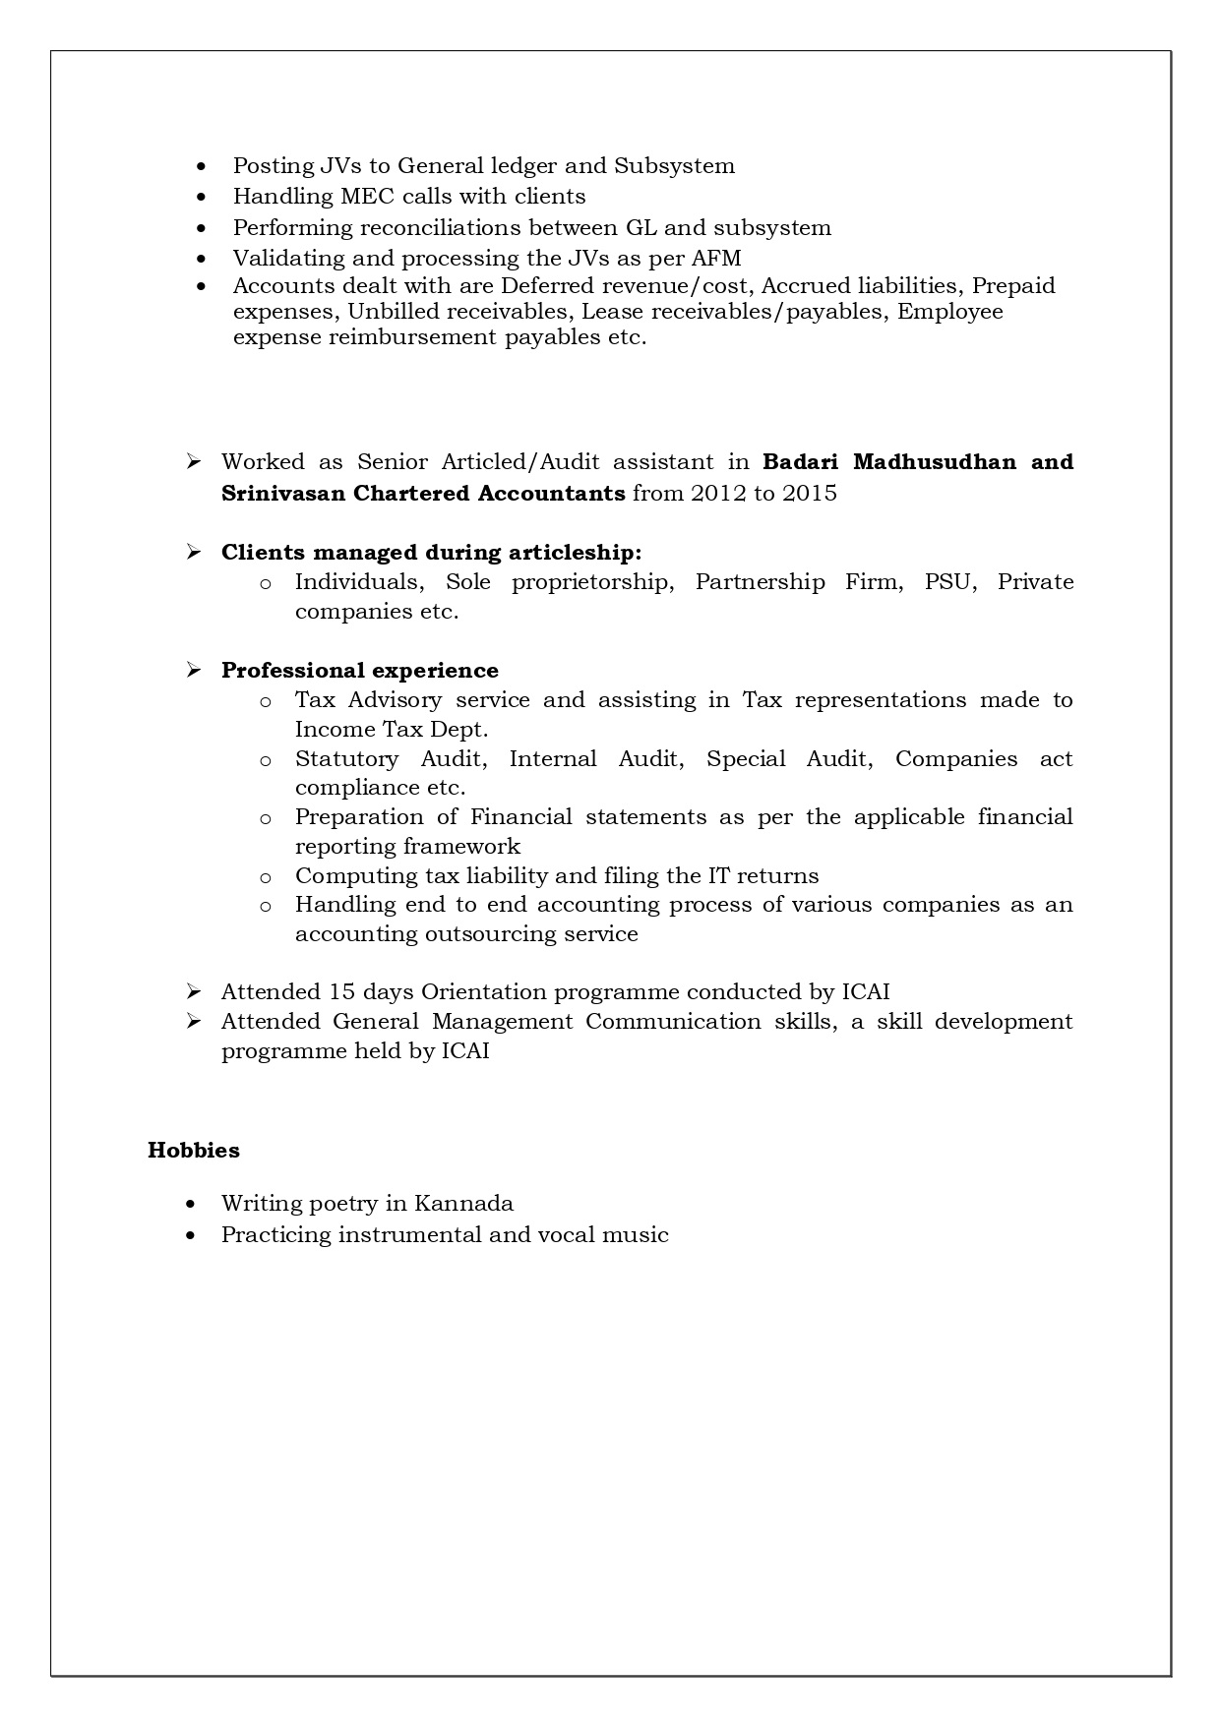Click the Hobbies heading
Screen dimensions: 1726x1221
193,1150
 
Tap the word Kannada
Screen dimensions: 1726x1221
463,1203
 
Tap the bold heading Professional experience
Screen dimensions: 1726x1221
359,670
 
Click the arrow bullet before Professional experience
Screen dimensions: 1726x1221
193,670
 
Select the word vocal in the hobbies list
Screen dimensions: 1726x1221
565,1234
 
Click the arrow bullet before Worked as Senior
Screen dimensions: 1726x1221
193,461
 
